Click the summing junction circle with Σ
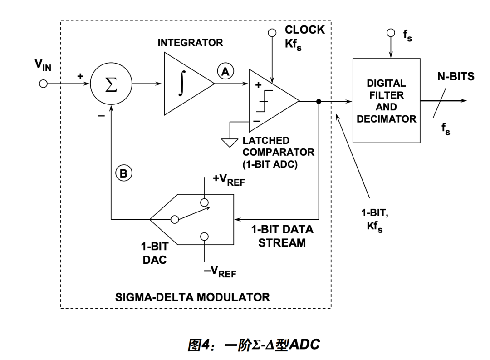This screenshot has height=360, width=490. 111,84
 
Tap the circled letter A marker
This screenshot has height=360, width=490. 226,70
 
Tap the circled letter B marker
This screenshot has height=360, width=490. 124,173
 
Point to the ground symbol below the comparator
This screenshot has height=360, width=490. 229,142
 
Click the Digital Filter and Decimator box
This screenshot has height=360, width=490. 387,101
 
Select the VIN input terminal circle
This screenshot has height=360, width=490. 43,84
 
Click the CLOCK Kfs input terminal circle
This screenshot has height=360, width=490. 272,33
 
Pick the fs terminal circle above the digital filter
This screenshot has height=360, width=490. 390,33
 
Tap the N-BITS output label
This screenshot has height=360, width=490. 456,77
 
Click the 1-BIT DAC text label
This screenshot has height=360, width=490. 156,253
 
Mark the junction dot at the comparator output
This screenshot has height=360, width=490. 319,102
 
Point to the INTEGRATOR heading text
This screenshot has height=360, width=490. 190,43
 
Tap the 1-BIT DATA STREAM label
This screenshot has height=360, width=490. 282,236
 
